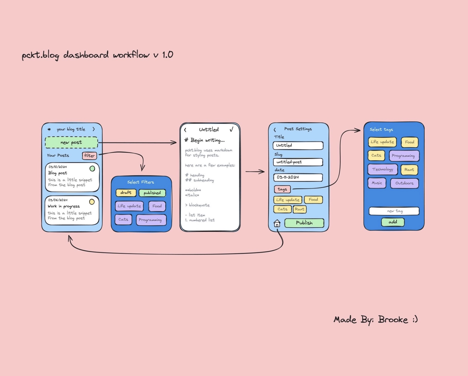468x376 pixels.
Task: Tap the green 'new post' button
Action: (71, 142)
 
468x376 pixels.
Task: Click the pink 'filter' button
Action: (89, 155)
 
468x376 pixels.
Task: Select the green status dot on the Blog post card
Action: (92, 169)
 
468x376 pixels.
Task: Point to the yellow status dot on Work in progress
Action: (92, 202)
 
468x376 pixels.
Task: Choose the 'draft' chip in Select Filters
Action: (126, 193)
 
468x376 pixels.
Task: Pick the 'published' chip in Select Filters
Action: (152, 193)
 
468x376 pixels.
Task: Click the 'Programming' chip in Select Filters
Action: (151, 220)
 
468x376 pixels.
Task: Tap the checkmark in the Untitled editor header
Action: (231, 129)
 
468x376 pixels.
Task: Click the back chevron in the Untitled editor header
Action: (185, 130)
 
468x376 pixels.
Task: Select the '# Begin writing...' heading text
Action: (204, 140)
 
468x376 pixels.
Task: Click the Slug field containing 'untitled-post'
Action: (298, 162)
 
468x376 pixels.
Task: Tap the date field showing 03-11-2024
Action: (298, 177)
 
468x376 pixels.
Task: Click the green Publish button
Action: (304, 223)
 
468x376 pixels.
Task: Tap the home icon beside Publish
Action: (277, 223)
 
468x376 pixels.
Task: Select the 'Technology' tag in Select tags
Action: (383, 169)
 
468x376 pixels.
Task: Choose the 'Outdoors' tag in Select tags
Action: (404, 183)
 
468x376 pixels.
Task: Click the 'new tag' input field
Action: (394, 211)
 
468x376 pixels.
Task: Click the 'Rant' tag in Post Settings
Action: (300, 209)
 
